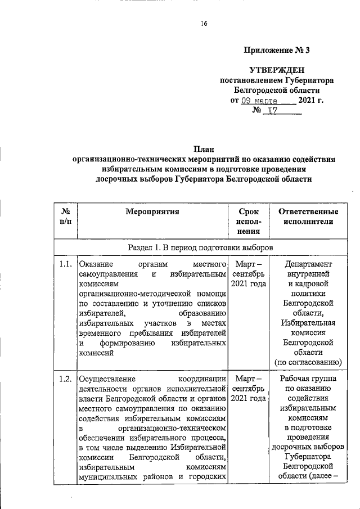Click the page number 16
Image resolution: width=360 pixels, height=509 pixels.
click(204, 23)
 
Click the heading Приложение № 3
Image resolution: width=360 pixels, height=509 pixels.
click(277, 50)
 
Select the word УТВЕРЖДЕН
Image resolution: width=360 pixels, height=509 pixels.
click(277, 70)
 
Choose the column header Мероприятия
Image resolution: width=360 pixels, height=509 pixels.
click(152, 212)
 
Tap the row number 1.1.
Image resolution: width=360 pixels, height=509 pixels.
click(65, 264)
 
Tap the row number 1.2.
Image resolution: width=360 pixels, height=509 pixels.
click(65, 378)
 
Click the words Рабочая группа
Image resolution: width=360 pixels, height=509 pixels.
click(308, 378)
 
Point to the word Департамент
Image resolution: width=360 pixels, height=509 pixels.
click(308, 264)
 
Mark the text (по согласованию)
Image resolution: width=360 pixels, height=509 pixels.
click(308, 362)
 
